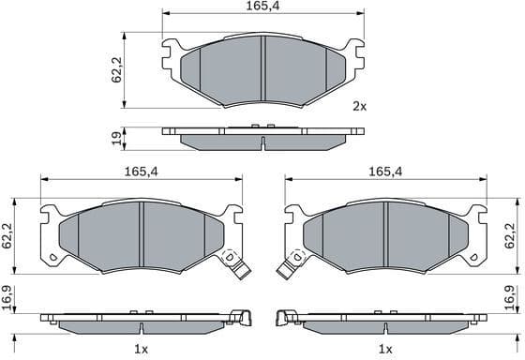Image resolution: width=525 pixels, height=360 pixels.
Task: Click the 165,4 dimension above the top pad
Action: click(262, 7)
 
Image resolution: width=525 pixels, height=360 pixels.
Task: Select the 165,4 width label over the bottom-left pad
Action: click(140, 172)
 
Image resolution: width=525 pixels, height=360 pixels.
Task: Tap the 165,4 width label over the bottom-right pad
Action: click(385, 172)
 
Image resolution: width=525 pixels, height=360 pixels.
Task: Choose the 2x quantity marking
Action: click(358, 106)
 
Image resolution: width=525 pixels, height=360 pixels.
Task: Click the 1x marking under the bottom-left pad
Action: click(141, 349)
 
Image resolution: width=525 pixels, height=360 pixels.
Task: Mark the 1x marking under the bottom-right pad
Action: click(385, 349)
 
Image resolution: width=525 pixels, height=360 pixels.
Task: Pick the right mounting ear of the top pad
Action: click(352, 52)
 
